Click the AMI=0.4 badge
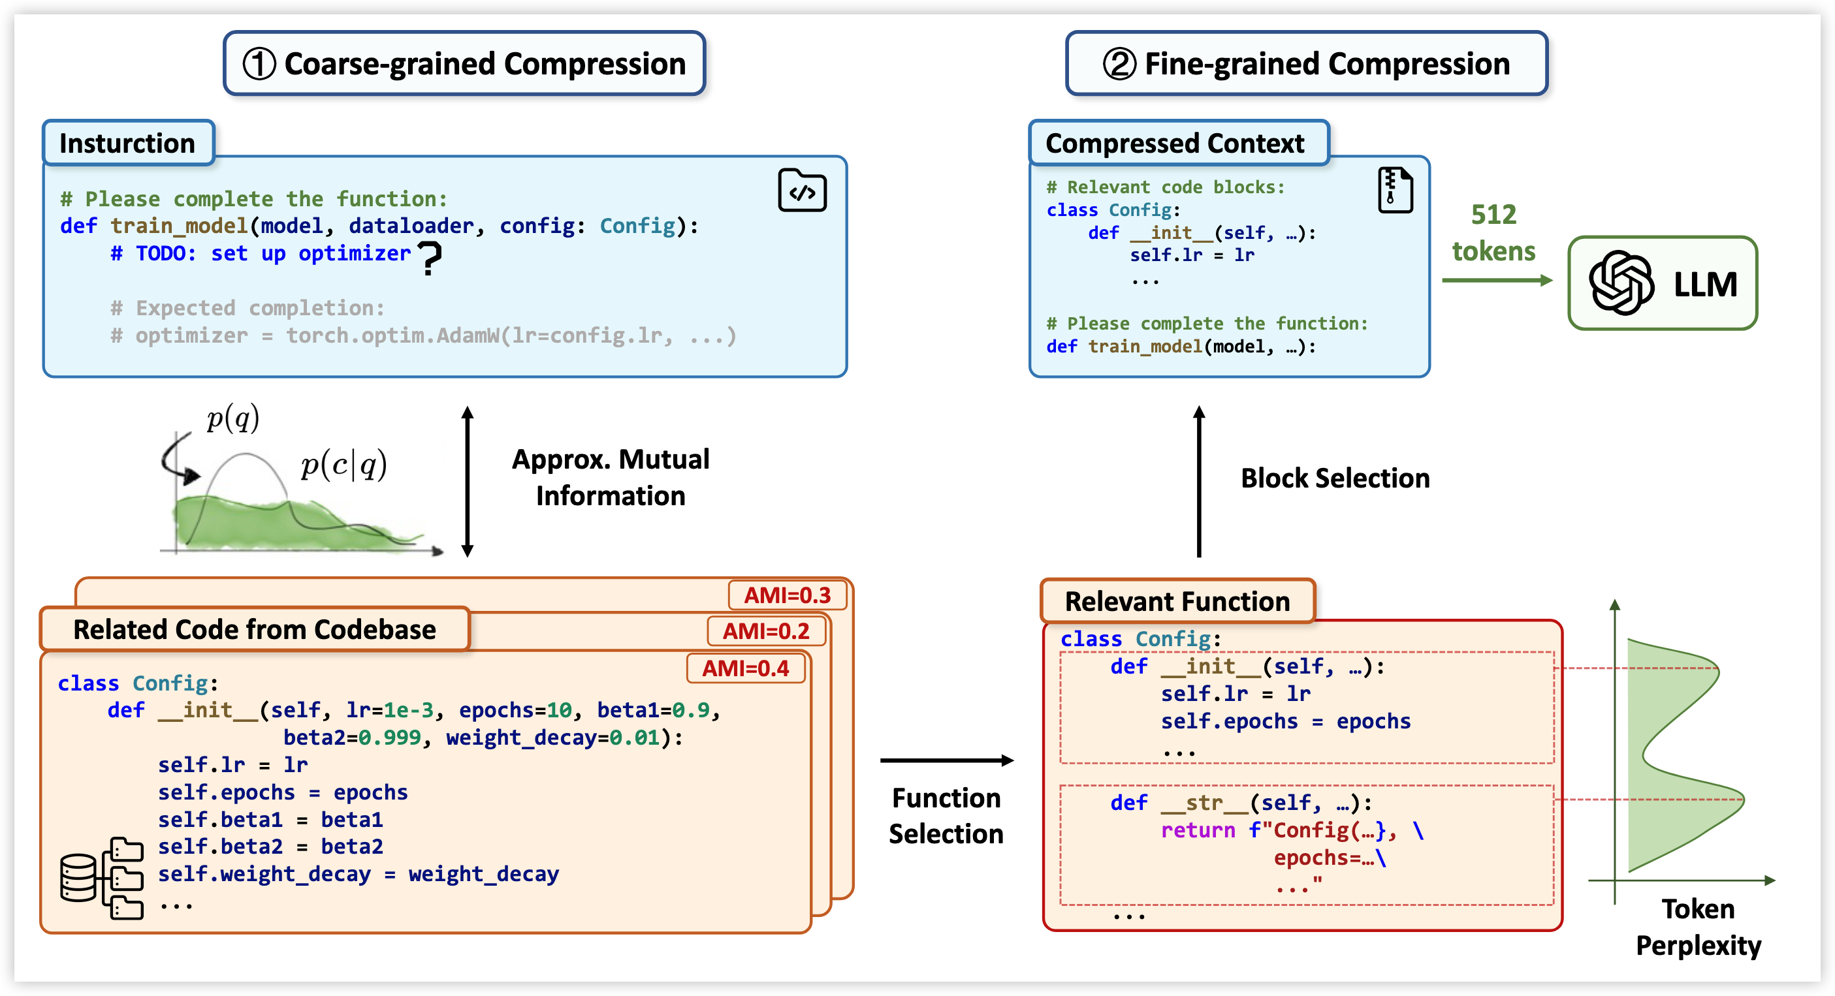(746, 668)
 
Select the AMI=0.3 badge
(787, 595)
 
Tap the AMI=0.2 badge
(766, 630)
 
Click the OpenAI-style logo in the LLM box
(1621, 283)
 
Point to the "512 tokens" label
(1493, 233)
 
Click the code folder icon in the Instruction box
(802, 190)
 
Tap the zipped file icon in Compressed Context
(1395, 190)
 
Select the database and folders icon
(102, 879)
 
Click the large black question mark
(429, 258)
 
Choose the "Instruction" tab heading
(127, 143)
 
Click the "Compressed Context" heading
(1175, 143)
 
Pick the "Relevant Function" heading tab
(1177, 602)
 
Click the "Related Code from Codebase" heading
(254, 629)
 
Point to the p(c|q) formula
(344, 465)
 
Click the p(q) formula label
(233, 418)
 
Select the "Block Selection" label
(1335, 478)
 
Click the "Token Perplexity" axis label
(1699, 927)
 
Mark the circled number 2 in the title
(1119, 64)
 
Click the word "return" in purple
(1198, 830)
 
